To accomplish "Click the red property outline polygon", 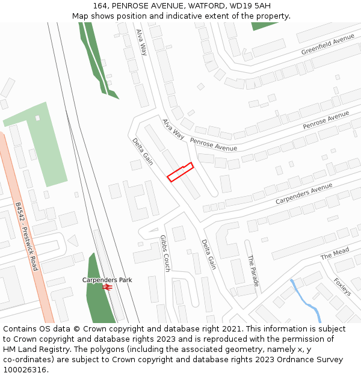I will (x=180, y=172).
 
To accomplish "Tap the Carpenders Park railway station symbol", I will (x=108, y=288).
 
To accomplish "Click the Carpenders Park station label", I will (x=107, y=280).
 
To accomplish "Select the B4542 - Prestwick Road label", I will (x=26, y=236).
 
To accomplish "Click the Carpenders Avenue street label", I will (x=304, y=194).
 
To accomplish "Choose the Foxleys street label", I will (x=342, y=286).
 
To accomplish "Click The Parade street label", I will (x=253, y=271).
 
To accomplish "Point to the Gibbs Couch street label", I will (x=165, y=253).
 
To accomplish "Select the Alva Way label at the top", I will (x=141, y=42).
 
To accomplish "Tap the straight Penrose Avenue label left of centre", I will (x=214, y=144).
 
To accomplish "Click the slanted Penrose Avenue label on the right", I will (x=326, y=120).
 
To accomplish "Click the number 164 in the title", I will (x=100, y=5).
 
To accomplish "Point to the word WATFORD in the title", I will (x=204, y=5).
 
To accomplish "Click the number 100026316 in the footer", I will (x=25, y=369).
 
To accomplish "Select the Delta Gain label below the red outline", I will (x=208, y=254).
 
